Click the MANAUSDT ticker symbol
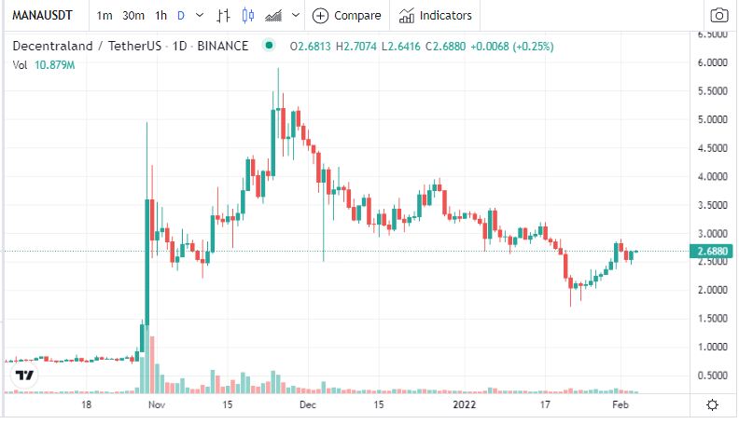[x=41, y=15]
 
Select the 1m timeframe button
[x=105, y=15]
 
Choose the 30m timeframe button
[x=133, y=15]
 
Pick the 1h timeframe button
[x=161, y=15]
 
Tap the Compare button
[x=347, y=15]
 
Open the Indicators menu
[x=436, y=15]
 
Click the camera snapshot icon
[x=718, y=15]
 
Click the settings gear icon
[x=713, y=404]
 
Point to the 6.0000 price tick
[x=712, y=62]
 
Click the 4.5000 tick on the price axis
[x=712, y=148]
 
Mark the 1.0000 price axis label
[x=712, y=347]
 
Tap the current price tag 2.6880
[x=712, y=251]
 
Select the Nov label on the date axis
[x=156, y=405]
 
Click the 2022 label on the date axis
[x=465, y=405]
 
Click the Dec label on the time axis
[x=309, y=405]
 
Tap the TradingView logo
[x=24, y=376]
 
